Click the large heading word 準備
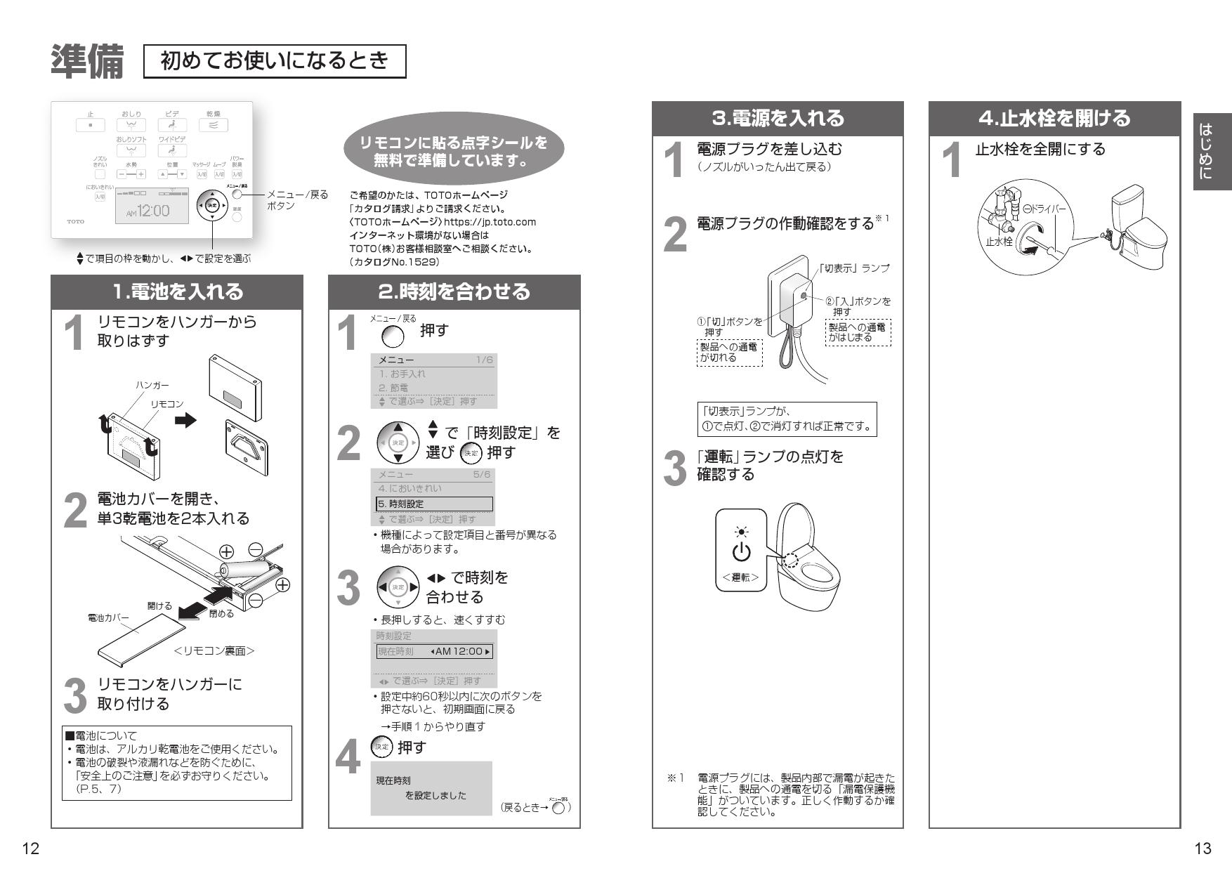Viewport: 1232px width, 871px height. (87, 61)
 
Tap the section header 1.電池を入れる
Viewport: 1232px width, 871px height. (177, 292)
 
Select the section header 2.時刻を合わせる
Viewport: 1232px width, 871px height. (454, 292)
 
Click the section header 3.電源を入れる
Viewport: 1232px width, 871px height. (778, 118)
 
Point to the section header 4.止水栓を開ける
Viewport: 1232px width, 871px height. (1054, 118)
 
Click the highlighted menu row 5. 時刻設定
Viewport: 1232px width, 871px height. (434, 504)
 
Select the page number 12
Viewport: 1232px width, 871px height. (30, 849)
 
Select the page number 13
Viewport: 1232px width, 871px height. (1202, 849)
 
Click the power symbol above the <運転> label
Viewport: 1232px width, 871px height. (741, 553)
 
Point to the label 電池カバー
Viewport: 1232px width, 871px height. (108, 618)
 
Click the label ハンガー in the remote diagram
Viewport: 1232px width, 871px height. (152, 385)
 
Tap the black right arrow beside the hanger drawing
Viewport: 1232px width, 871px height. (185, 420)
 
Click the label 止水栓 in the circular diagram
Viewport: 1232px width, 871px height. (998, 241)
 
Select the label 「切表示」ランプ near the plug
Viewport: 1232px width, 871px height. (854, 268)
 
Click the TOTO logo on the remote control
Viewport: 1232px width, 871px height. (75, 221)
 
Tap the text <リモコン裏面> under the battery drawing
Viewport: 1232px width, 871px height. (214, 651)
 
